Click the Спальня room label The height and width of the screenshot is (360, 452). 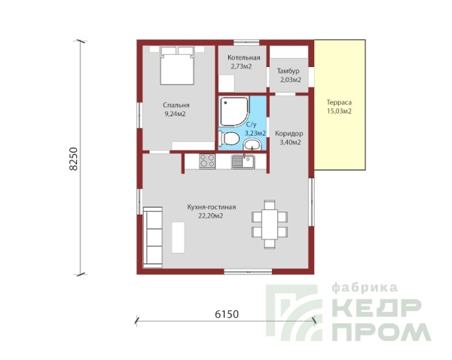coord(176,105)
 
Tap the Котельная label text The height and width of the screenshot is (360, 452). coord(244,58)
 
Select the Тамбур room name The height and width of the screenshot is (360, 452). coord(288,71)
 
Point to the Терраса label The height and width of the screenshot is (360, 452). coord(339,102)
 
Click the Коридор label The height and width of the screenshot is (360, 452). coord(289,134)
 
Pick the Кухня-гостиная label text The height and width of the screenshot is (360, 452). coord(212,207)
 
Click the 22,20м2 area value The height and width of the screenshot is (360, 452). coord(211,216)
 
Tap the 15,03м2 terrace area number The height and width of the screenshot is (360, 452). coord(339,111)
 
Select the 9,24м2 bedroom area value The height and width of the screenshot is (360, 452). coord(175,114)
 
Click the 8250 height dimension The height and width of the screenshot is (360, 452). coord(74,159)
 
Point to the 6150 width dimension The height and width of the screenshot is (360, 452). coord(227,314)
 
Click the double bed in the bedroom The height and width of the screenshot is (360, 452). coord(177,66)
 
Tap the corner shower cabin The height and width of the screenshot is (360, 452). coord(234,111)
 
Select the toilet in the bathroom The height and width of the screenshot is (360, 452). coord(229,139)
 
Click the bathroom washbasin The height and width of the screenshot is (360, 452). coord(252,144)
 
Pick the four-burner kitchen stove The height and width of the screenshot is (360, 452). coord(207,161)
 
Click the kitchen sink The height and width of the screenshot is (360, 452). coord(243,162)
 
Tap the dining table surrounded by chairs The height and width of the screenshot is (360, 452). coord(270,224)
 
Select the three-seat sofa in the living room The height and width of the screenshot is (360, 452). coord(153,237)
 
